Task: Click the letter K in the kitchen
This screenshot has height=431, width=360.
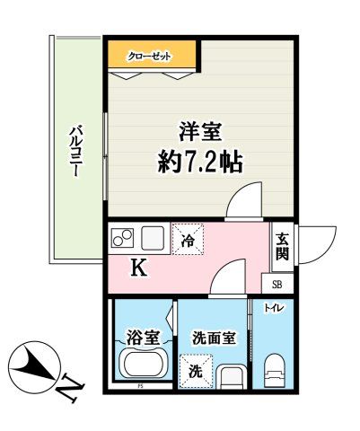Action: (139, 267)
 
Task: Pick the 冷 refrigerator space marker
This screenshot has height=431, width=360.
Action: (188, 240)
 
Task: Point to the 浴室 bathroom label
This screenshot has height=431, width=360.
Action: (143, 338)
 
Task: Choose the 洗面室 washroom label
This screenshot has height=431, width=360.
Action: (214, 339)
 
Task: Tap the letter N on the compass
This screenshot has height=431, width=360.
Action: (67, 388)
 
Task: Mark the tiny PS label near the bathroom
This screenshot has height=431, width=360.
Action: (141, 388)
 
